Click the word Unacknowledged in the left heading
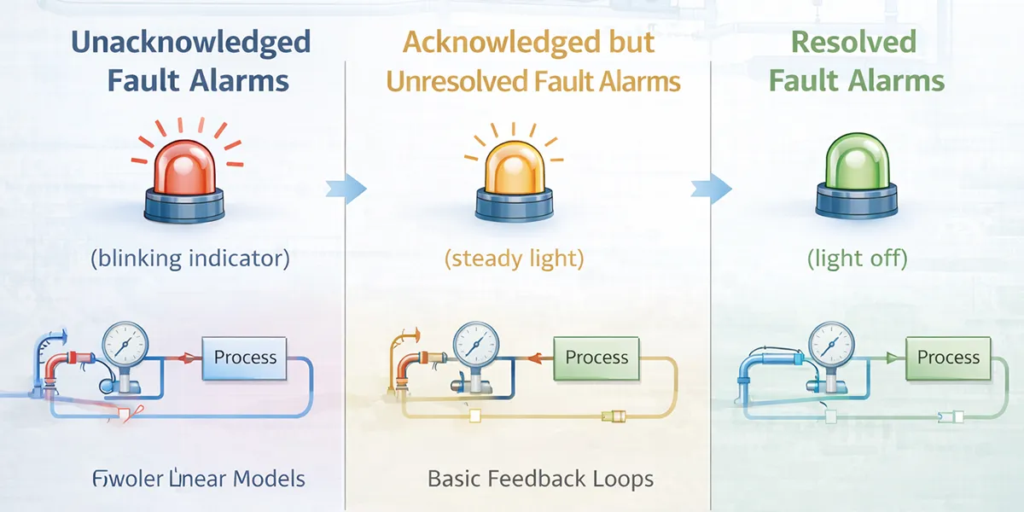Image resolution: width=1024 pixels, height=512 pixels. pos(190,42)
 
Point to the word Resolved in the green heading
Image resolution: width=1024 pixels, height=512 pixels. pos(841,42)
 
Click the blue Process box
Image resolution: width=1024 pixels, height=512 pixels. pos(245,358)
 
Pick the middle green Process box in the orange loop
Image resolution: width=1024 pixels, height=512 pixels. pos(596,358)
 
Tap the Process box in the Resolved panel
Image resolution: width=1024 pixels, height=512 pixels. pos(948,358)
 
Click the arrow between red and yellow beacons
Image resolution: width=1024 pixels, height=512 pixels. pos(346,188)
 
